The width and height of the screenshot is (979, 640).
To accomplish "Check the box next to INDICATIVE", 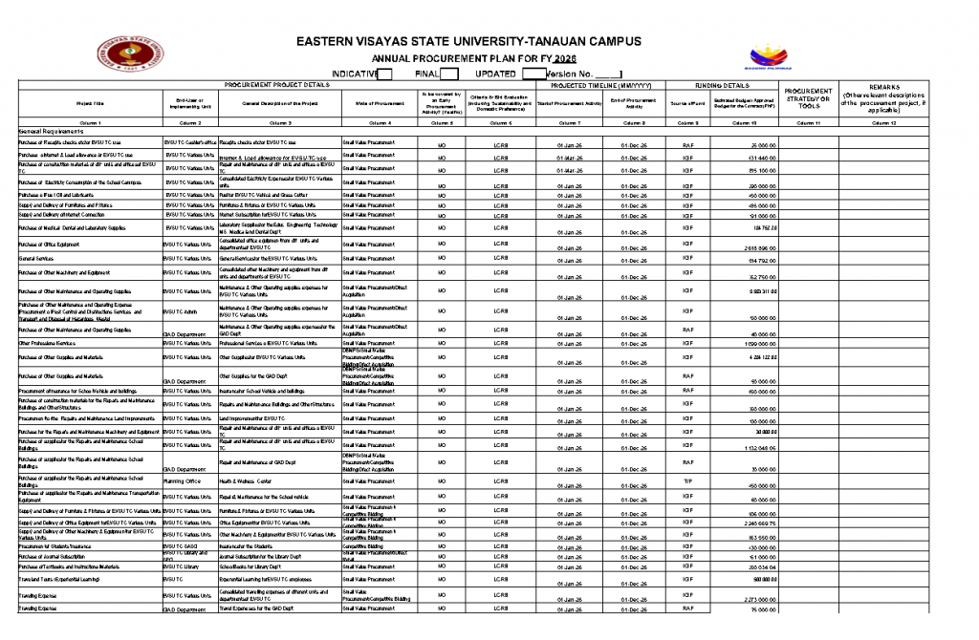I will [385, 74].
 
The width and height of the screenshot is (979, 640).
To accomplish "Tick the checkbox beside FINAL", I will [449, 74].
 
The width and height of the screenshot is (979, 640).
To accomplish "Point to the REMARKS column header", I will [883, 87].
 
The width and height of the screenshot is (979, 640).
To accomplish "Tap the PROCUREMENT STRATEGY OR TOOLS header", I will [808, 98].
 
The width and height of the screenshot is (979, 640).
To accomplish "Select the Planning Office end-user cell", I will [182, 481].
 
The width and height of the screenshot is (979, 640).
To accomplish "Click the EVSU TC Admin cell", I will [180, 311].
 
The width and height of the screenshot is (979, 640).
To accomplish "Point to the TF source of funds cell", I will [687, 481].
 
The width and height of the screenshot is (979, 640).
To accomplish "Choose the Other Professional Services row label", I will [47, 342].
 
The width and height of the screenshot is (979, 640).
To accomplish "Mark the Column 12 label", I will [883, 123].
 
